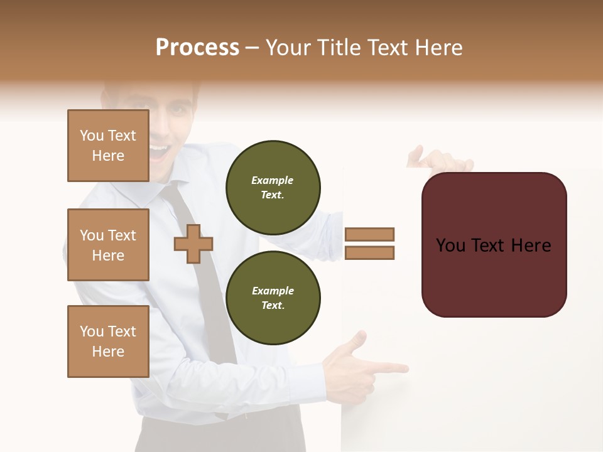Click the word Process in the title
pos(197,48)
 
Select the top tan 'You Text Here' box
pos(108,146)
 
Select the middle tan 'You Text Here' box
pos(108,245)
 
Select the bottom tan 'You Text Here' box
pos(108,342)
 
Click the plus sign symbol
pos(193,244)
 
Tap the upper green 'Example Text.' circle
pos(273,188)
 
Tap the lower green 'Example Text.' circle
pos(273,298)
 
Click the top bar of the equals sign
pos(369,234)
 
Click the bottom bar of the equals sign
pos(369,253)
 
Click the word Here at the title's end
pos(439,48)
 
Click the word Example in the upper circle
pos(273,180)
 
